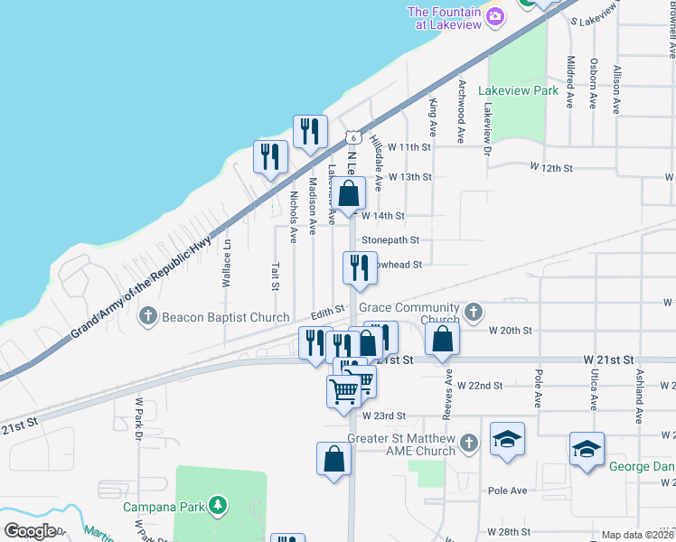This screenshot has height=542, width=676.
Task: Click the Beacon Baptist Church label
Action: (x=225, y=317)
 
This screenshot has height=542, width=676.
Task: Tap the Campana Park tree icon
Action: (x=217, y=505)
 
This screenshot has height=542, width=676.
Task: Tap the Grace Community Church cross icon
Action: (x=471, y=313)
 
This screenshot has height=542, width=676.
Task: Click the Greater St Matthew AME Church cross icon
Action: (x=468, y=443)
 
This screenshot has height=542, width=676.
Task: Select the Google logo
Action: (x=29, y=531)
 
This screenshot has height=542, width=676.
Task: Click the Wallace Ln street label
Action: (x=227, y=263)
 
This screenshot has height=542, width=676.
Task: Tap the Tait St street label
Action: (x=275, y=276)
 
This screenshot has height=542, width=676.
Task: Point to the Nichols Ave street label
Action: (x=294, y=217)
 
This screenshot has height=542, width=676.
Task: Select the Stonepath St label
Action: (x=390, y=240)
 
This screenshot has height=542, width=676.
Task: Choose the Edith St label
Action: (x=328, y=310)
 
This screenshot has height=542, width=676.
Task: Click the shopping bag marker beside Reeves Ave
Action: (x=442, y=340)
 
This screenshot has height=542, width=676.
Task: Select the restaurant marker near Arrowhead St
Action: (x=360, y=268)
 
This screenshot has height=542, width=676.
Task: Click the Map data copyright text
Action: (x=637, y=535)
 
